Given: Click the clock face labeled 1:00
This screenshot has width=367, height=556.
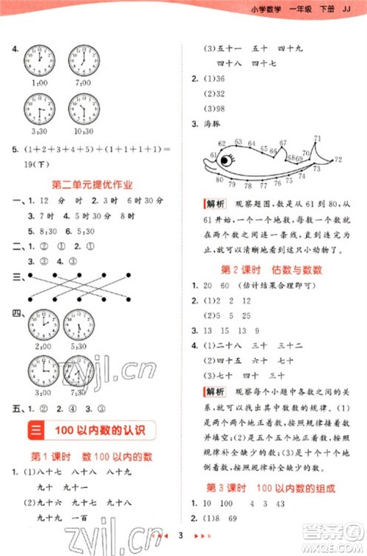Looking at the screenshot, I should click(38, 59).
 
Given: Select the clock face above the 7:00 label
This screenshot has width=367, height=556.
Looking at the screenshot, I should click(84, 59).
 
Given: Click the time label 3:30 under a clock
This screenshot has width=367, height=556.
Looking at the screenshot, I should click(37, 131).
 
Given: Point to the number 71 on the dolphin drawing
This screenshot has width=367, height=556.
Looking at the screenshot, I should click(318, 138).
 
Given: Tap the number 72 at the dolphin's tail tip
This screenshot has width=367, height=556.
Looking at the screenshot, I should click(338, 159).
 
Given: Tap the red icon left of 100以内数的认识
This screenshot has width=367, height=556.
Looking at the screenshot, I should click(35, 429).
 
